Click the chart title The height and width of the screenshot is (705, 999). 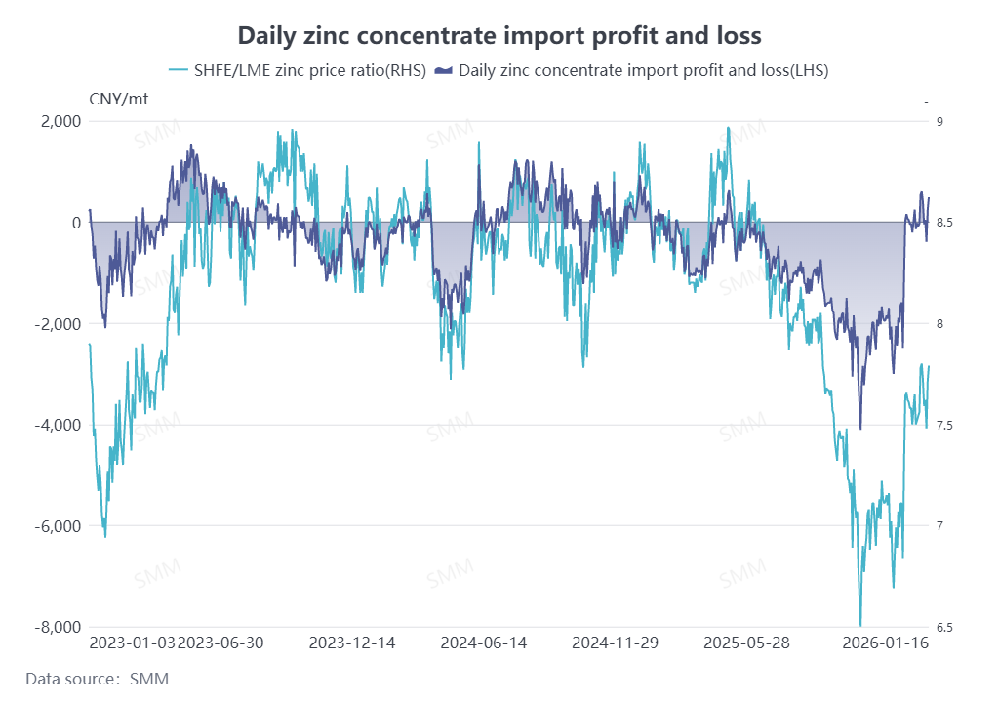[499, 36]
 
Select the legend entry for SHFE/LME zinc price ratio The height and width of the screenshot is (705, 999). [298, 70]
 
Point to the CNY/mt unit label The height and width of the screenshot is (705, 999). [120, 98]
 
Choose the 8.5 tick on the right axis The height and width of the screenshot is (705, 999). [943, 223]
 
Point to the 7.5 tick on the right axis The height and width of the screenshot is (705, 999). [943, 425]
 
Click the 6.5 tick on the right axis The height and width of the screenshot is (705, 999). [943, 627]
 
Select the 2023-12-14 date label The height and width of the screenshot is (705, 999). [352, 643]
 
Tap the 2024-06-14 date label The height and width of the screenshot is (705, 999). [484, 643]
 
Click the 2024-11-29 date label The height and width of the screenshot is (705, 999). [615, 643]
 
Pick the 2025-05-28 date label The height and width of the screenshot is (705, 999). [746, 643]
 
